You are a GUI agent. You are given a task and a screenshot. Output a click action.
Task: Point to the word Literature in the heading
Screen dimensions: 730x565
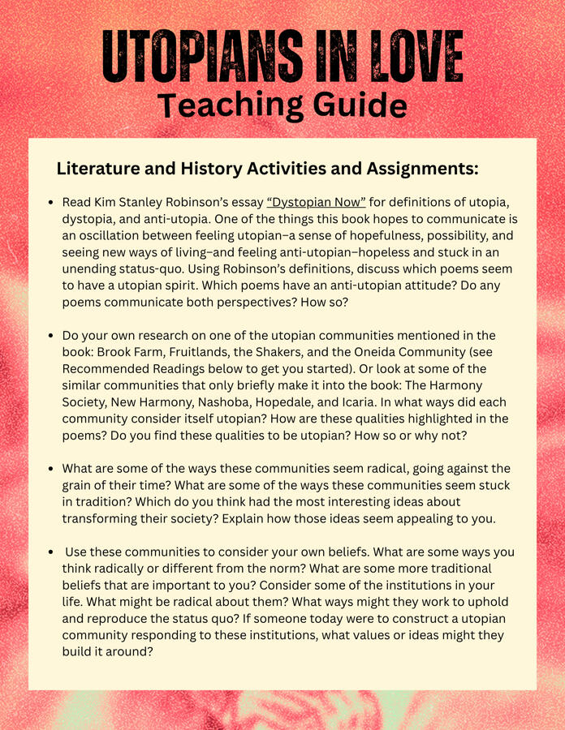[x=95, y=170]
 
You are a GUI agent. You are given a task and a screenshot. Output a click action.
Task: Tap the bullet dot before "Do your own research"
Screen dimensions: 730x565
[x=51, y=336]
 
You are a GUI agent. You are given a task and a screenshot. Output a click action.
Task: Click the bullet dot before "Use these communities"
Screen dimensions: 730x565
[x=51, y=553]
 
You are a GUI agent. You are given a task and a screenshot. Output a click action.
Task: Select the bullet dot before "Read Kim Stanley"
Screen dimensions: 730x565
[x=51, y=202]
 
